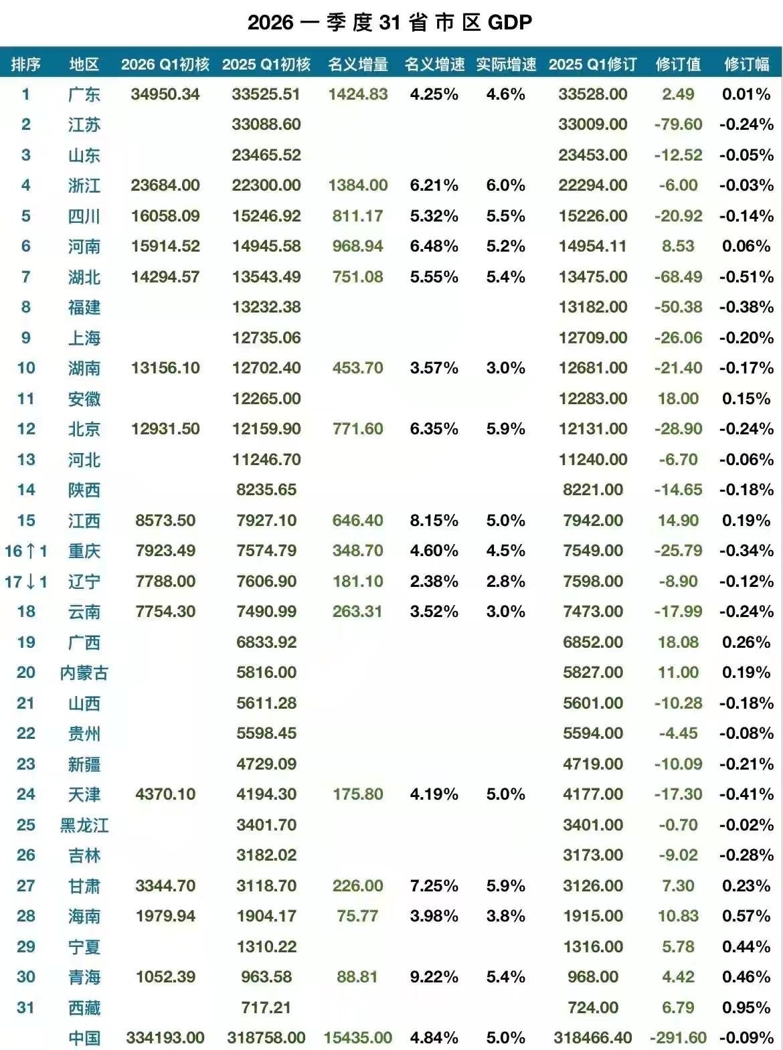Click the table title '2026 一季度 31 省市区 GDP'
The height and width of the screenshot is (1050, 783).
(390, 22)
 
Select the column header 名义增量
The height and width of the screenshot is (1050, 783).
(358, 64)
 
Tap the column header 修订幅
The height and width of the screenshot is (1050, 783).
(746, 64)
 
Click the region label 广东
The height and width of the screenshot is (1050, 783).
(84, 94)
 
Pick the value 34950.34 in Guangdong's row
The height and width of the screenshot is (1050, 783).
(165, 94)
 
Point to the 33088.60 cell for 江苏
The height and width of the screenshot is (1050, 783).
(266, 124)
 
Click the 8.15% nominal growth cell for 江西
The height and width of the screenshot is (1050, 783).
(434, 521)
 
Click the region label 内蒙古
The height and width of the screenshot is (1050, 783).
(84, 673)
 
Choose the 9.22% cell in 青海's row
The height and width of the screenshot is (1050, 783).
(434, 977)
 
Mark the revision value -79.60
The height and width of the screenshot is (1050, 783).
(678, 124)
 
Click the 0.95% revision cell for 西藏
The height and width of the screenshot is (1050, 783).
(746, 1008)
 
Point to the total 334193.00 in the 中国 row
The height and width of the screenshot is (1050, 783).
(165, 1038)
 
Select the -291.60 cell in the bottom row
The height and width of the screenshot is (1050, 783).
(678, 1038)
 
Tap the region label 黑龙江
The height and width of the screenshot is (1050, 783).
(84, 825)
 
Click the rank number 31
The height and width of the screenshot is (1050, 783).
(25, 1008)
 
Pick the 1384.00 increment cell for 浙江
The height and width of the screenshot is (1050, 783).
(358, 185)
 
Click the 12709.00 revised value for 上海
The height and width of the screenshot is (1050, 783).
(593, 338)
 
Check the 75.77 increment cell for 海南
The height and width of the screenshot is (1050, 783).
(358, 916)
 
